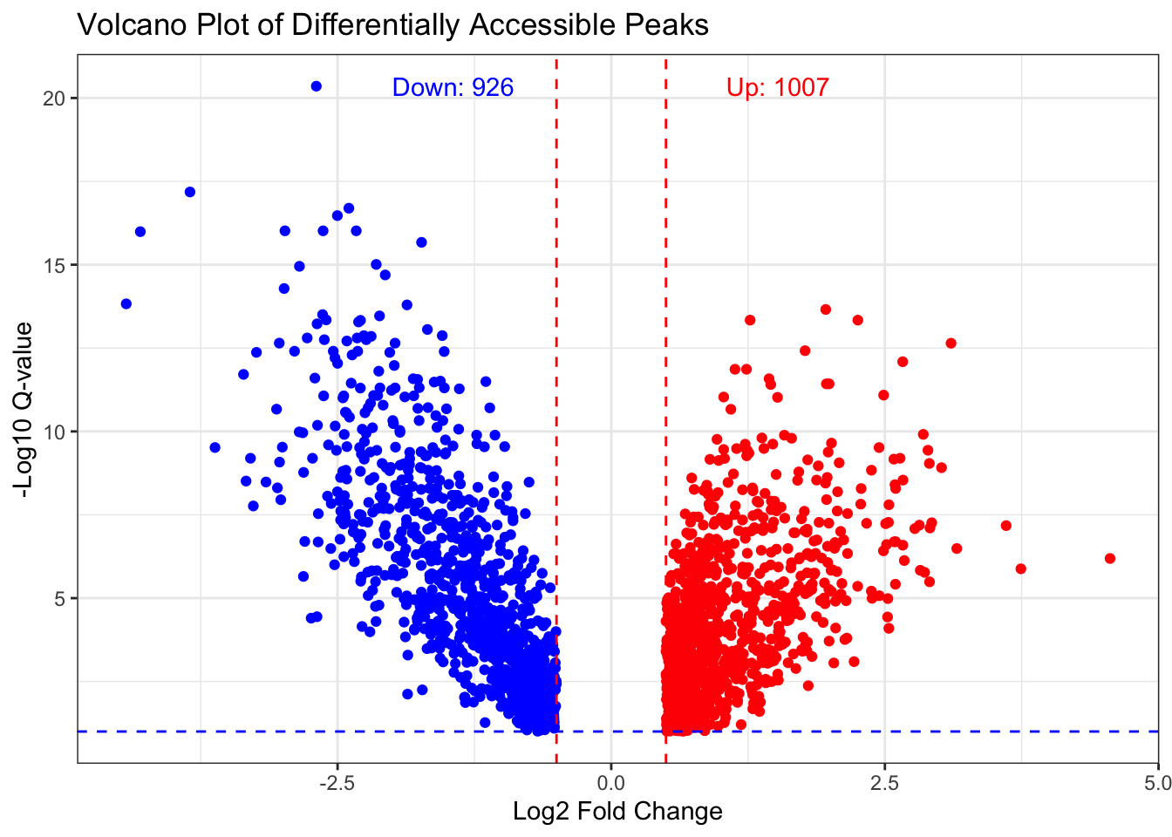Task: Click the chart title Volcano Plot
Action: (x=392, y=24)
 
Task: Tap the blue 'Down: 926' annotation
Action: (x=453, y=87)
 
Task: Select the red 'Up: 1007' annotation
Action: (x=777, y=87)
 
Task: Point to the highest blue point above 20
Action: (x=317, y=86)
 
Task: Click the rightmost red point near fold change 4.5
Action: (x=1110, y=558)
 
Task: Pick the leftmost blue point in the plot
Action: (x=126, y=303)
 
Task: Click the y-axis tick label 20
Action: (x=54, y=98)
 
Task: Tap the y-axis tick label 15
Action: (x=54, y=265)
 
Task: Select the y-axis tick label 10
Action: (x=54, y=432)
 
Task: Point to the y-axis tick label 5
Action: (x=58, y=598)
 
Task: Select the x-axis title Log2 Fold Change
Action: (x=617, y=812)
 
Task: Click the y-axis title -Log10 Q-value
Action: (x=25, y=410)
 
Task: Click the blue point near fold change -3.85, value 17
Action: (x=190, y=192)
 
